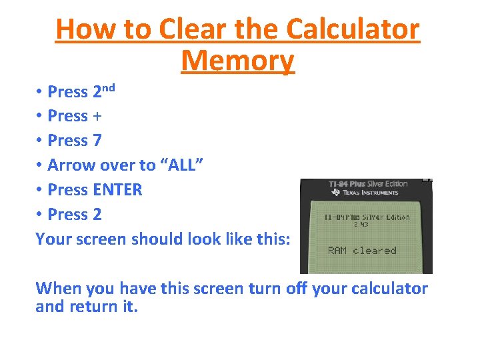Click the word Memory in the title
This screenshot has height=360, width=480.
237,61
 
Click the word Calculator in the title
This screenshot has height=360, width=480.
353,30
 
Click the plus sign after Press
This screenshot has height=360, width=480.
97,116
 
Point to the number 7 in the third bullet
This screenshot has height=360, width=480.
97,141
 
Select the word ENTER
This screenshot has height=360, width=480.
117,190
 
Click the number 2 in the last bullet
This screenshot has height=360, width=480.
97,215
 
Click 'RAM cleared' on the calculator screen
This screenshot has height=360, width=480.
362,251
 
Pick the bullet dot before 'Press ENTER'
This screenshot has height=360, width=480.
40,190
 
